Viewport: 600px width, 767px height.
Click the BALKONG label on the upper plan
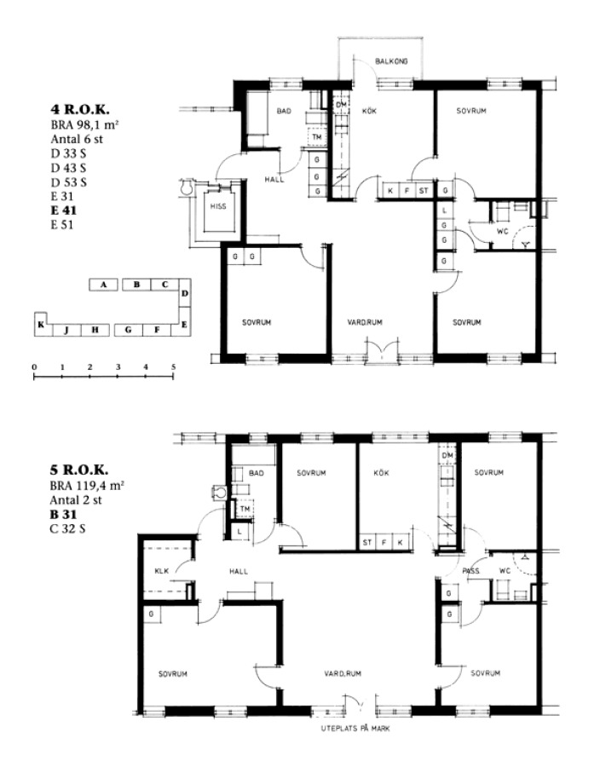[391, 61]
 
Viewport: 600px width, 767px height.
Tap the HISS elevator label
[218, 206]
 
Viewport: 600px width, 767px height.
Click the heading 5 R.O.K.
[78, 470]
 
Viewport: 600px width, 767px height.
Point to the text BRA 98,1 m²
[85, 124]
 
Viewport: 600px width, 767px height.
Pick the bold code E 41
[64, 210]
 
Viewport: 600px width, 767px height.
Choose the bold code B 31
[63, 515]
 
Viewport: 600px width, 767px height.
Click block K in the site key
[41, 324]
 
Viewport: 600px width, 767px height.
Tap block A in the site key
[103, 285]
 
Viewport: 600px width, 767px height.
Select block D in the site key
[185, 293]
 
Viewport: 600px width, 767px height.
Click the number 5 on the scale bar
[174, 366]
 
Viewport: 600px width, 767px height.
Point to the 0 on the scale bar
[34, 366]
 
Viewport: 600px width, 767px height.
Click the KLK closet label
[161, 571]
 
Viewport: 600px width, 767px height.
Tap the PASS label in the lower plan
[471, 571]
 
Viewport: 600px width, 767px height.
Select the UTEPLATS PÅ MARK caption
[355, 729]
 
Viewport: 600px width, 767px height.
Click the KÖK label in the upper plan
[369, 111]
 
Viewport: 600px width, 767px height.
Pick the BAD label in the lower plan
[257, 473]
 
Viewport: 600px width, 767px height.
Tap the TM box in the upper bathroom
[317, 137]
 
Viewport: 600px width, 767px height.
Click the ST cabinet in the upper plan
[424, 190]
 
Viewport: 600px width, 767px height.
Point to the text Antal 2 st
[76, 500]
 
